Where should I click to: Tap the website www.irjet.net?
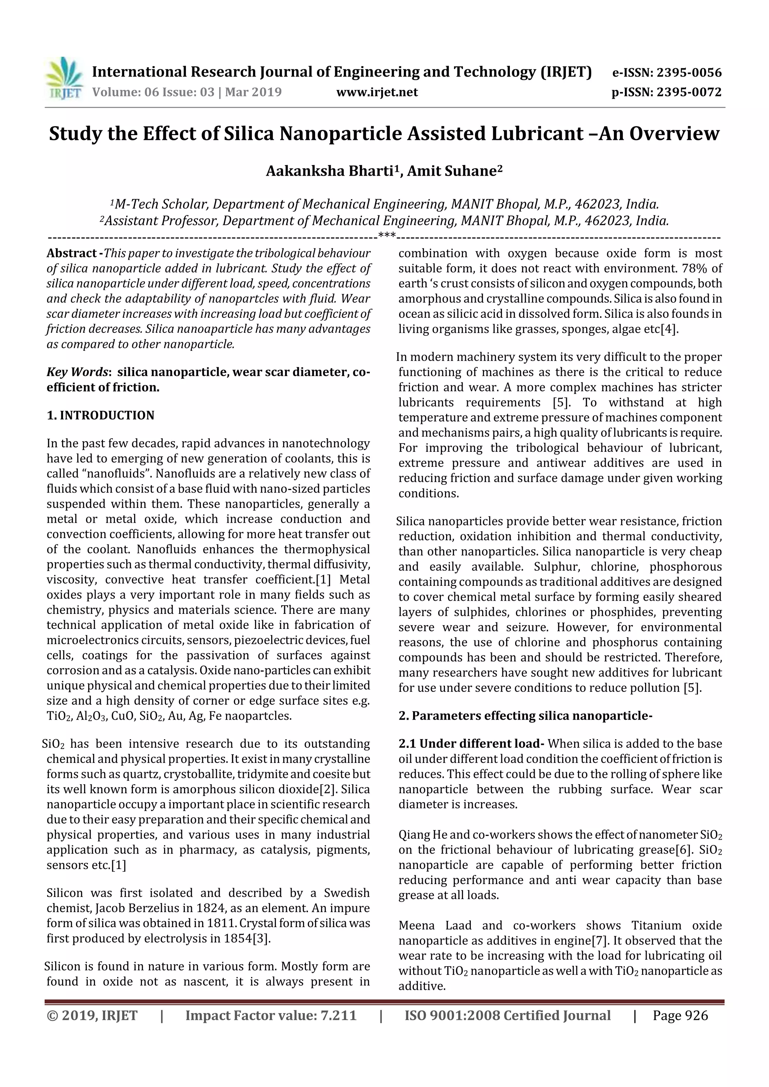(377, 92)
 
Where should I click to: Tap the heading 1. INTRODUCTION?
(101, 416)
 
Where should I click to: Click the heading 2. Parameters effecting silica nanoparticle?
(525, 716)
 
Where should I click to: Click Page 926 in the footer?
(680, 1015)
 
